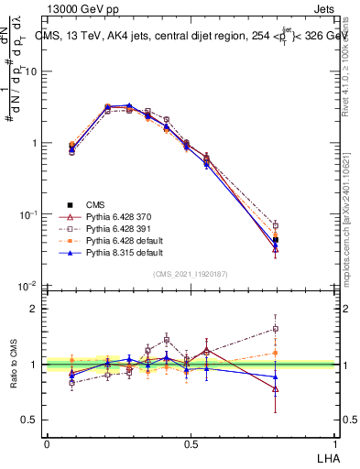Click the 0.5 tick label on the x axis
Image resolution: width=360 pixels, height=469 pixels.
pos(191,443)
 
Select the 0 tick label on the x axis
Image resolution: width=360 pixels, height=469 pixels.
pos(47,443)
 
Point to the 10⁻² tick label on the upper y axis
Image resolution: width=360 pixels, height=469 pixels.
pos(26,287)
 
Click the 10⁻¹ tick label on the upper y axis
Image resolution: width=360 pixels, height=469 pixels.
pos(26,215)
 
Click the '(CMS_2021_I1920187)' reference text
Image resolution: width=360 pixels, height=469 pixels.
pos(191,274)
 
